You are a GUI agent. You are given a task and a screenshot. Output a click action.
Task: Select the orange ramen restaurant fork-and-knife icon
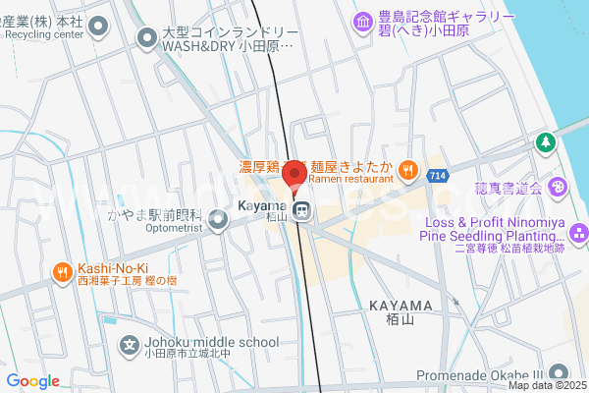point(407,169)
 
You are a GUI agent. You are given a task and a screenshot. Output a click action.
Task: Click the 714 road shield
point(437,174)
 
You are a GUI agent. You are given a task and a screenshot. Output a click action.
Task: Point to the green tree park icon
point(543,143)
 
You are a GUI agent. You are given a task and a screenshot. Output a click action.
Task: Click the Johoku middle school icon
point(129,344)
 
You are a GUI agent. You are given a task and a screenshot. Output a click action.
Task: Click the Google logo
point(32,381)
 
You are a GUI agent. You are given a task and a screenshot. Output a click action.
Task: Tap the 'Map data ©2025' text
point(546,385)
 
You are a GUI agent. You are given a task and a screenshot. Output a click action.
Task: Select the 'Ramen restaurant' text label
point(350,179)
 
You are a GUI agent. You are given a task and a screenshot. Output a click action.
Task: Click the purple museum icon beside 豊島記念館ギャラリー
point(363,20)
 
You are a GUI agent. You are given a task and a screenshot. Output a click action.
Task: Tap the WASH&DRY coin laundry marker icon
point(147,38)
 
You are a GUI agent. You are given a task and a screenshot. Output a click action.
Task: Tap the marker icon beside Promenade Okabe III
point(560,373)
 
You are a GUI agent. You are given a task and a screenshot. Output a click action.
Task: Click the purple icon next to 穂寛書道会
point(557,187)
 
